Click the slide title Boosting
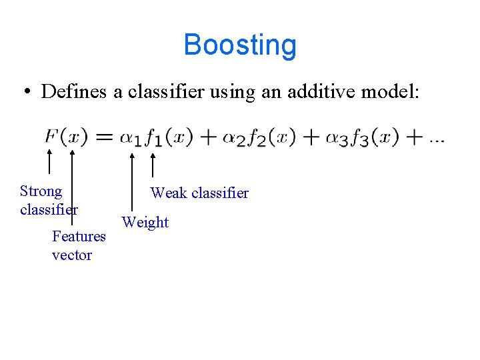click(240, 45)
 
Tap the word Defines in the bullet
click(74, 92)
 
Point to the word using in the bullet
click(227, 92)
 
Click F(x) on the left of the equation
click(65, 137)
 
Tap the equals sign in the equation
click(103, 138)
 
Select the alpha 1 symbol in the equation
click(131, 139)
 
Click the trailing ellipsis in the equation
click(437, 141)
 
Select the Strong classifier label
click(48, 200)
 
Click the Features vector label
click(79, 245)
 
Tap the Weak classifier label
click(199, 193)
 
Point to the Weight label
click(145, 222)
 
